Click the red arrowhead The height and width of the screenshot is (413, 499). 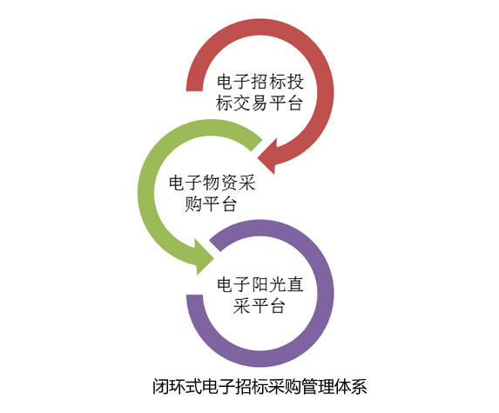pyautogui.click(x=269, y=157)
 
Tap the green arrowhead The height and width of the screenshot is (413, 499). pyautogui.click(x=202, y=257)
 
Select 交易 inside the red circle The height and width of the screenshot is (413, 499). pyautogui.click(x=251, y=103)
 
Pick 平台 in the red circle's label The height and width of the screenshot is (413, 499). pyautogui.click(x=287, y=103)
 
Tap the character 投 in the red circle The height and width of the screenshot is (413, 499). pyautogui.click(x=295, y=82)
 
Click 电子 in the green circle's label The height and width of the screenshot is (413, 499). pyautogui.click(x=185, y=183)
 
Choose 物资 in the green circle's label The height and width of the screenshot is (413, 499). pyautogui.click(x=221, y=183)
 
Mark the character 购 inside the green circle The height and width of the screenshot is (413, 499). pyautogui.click(x=193, y=204)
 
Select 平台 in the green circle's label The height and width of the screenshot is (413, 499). pyautogui.click(x=220, y=204)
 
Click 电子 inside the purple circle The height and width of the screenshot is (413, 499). pyautogui.click(x=234, y=284)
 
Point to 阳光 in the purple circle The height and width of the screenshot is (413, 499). pyautogui.click(x=269, y=284)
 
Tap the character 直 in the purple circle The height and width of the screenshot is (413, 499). pyautogui.click(x=295, y=284)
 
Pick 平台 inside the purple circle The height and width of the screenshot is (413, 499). pyautogui.click(x=268, y=306)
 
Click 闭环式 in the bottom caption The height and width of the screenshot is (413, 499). pyautogui.click(x=178, y=387)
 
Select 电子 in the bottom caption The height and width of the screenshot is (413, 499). pyautogui.click(x=219, y=387)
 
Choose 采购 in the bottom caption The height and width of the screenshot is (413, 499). pyautogui.click(x=285, y=387)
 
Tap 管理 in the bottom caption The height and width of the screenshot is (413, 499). pyautogui.click(x=318, y=387)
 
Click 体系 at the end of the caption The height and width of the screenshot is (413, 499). pyautogui.click(x=351, y=387)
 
